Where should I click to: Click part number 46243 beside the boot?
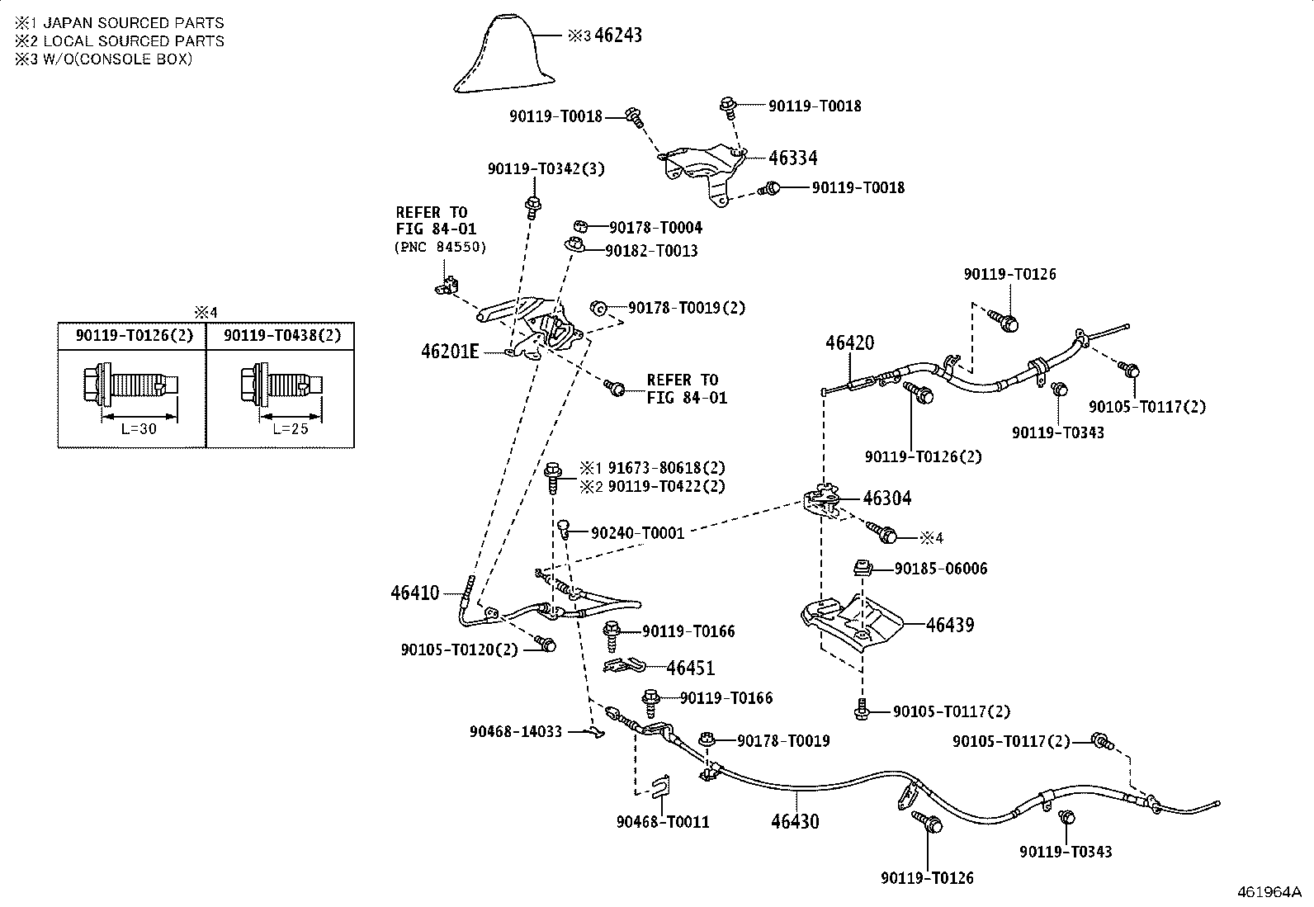[618, 35]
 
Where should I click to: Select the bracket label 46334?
[793, 158]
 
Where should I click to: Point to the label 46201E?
[450, 352]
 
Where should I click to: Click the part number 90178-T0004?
[656, 228]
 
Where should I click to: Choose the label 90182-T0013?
[652, 251]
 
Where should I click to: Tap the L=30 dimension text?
[139, 429]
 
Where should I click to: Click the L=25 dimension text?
[291, 429]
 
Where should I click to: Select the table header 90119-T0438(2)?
[282, 336]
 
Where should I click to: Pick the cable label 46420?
[850, 342]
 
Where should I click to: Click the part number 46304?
[887, 498]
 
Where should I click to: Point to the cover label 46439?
[950, 625]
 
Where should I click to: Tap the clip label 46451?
[691, 668]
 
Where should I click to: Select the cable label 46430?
[795, 821]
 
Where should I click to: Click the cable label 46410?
[414, 593]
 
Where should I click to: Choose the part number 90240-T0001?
[638, 533]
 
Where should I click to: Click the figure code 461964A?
[1269, 892]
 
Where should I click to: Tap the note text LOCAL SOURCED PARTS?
[134, 41]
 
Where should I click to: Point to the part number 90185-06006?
[941, 569]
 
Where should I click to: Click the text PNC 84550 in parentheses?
[441, 247]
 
